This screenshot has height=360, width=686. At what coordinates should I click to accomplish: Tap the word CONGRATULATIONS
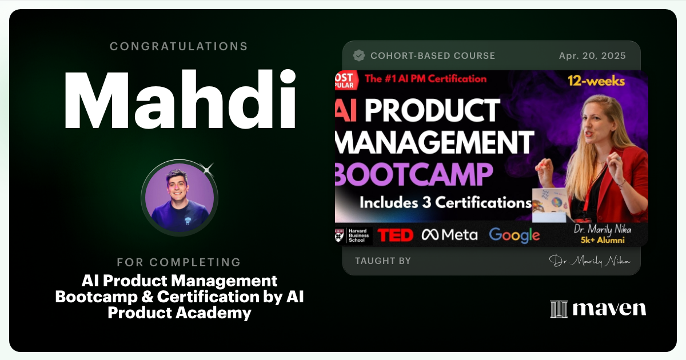[x=179, y=46]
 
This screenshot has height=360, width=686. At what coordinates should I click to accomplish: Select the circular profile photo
[x=180, y=198]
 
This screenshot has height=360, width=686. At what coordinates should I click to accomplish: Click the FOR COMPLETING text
[x=179, y=262]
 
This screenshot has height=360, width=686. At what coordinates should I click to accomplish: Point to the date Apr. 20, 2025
[x=592, y=56]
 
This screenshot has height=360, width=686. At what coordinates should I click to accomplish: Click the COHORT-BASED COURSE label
[x=433, y=56]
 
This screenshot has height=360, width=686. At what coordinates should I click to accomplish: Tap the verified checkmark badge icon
[x=359, y=55]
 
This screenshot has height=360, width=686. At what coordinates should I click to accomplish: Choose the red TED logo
[x=396, y=235]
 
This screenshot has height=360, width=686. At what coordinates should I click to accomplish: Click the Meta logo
[x=449, y=235]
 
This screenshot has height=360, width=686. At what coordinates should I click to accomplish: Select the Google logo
[x=514, y=235]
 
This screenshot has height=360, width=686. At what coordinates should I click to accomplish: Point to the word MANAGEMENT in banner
[x=434, y=142]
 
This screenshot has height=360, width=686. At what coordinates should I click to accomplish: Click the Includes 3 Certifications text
[x=445, y=202]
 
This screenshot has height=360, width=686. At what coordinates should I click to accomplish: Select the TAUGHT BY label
[x=382, y=261]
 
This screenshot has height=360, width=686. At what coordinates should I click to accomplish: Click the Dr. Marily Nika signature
[x=589, y=261]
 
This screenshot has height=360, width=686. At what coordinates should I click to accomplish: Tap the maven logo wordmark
[x=598, y=309]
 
